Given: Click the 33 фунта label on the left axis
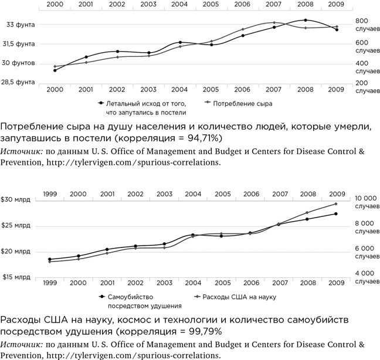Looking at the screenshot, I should click(x=21, y=25).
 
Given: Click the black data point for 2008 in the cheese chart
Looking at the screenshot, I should click(x=306, y=21).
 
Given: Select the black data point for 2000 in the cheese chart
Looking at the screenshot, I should click(x=55, y=70).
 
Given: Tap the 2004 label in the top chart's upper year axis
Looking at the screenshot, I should click(x=180, y=5).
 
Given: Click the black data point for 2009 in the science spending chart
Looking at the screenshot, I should click(x=336, y=213).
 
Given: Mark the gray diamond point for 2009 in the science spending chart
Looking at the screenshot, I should click(x=336, y=203).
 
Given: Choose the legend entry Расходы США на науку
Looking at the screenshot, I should click(x=238, y=297).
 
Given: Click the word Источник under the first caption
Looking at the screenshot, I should click(x=20, y=151).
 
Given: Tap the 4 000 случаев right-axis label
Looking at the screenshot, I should click(x=367, y=277).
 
